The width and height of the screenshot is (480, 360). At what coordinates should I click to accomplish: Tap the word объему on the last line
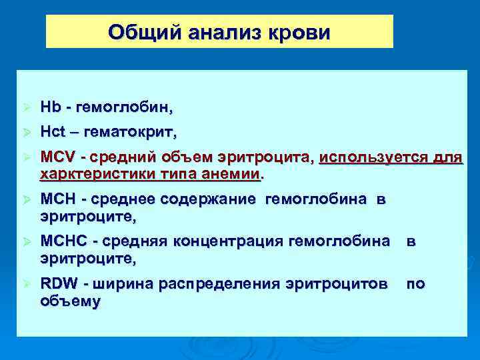point(70,301)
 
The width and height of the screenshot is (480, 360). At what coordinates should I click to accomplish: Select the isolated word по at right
point(415,284)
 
